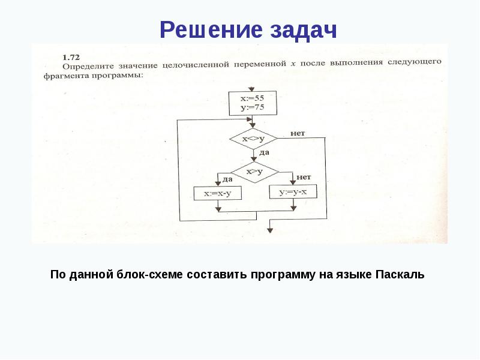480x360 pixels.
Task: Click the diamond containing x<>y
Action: click(x=253, y=138)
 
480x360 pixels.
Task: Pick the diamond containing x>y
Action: click(x=255, y=172)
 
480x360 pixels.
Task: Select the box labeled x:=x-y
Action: click(x=217, y=193)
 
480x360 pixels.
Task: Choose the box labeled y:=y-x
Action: click(x=293, y=193)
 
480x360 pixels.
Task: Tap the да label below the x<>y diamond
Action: click(x=264, y=153)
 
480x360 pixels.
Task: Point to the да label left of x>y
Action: click(x=227, y=179)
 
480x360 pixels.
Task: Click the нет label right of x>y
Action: click(x=303, y=176)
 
